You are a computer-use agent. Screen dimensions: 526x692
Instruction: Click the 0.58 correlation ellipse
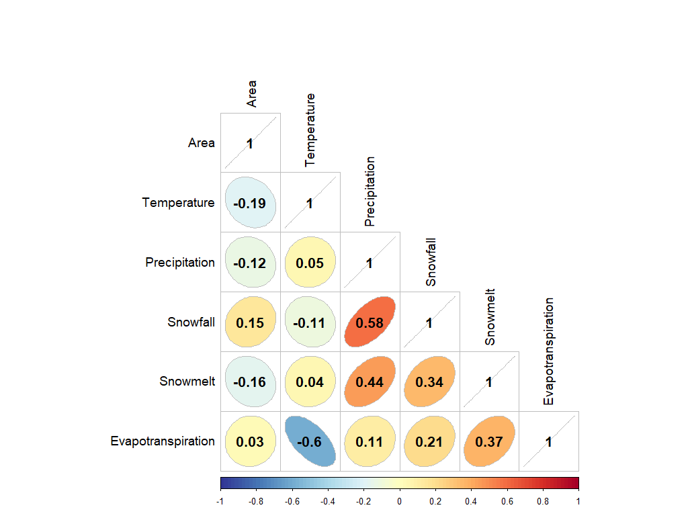pos(370,322)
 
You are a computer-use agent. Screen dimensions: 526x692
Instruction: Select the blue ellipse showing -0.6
pos(310,441)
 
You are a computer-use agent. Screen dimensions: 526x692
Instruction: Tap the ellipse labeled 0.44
pos(370,382)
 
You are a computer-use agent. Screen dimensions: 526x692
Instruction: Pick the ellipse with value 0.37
pos(489,441)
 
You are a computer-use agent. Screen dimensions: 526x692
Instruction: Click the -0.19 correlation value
pos(250,203)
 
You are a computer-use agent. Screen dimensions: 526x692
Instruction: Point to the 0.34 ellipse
pos(429,382)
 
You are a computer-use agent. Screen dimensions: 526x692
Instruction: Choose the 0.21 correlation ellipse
pos(429,441)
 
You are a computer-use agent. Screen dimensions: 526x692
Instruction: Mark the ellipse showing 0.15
pos(250,322)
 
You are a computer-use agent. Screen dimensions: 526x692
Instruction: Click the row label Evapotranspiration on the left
pos(163,441)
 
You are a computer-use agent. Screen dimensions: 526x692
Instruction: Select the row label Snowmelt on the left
pos(187,382)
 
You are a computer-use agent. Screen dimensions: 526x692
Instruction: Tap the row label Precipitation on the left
pos(180,263)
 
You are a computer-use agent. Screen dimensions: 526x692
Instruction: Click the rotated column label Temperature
pos(310,130)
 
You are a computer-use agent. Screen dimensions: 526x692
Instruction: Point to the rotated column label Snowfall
pos(431,262)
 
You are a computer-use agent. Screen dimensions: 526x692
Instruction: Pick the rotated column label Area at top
pos(251,94)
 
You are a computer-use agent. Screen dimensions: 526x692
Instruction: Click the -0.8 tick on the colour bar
pos(256,501)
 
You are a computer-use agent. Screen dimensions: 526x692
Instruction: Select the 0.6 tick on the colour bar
pos(507,501)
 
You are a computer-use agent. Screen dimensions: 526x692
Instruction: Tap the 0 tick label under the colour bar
pos(399,501)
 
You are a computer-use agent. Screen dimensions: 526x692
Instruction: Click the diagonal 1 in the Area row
pos(250,143)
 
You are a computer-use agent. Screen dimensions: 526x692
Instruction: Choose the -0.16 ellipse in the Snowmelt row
pos(250,382)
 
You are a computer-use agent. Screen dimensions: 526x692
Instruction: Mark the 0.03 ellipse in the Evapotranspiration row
pos(250,441)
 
